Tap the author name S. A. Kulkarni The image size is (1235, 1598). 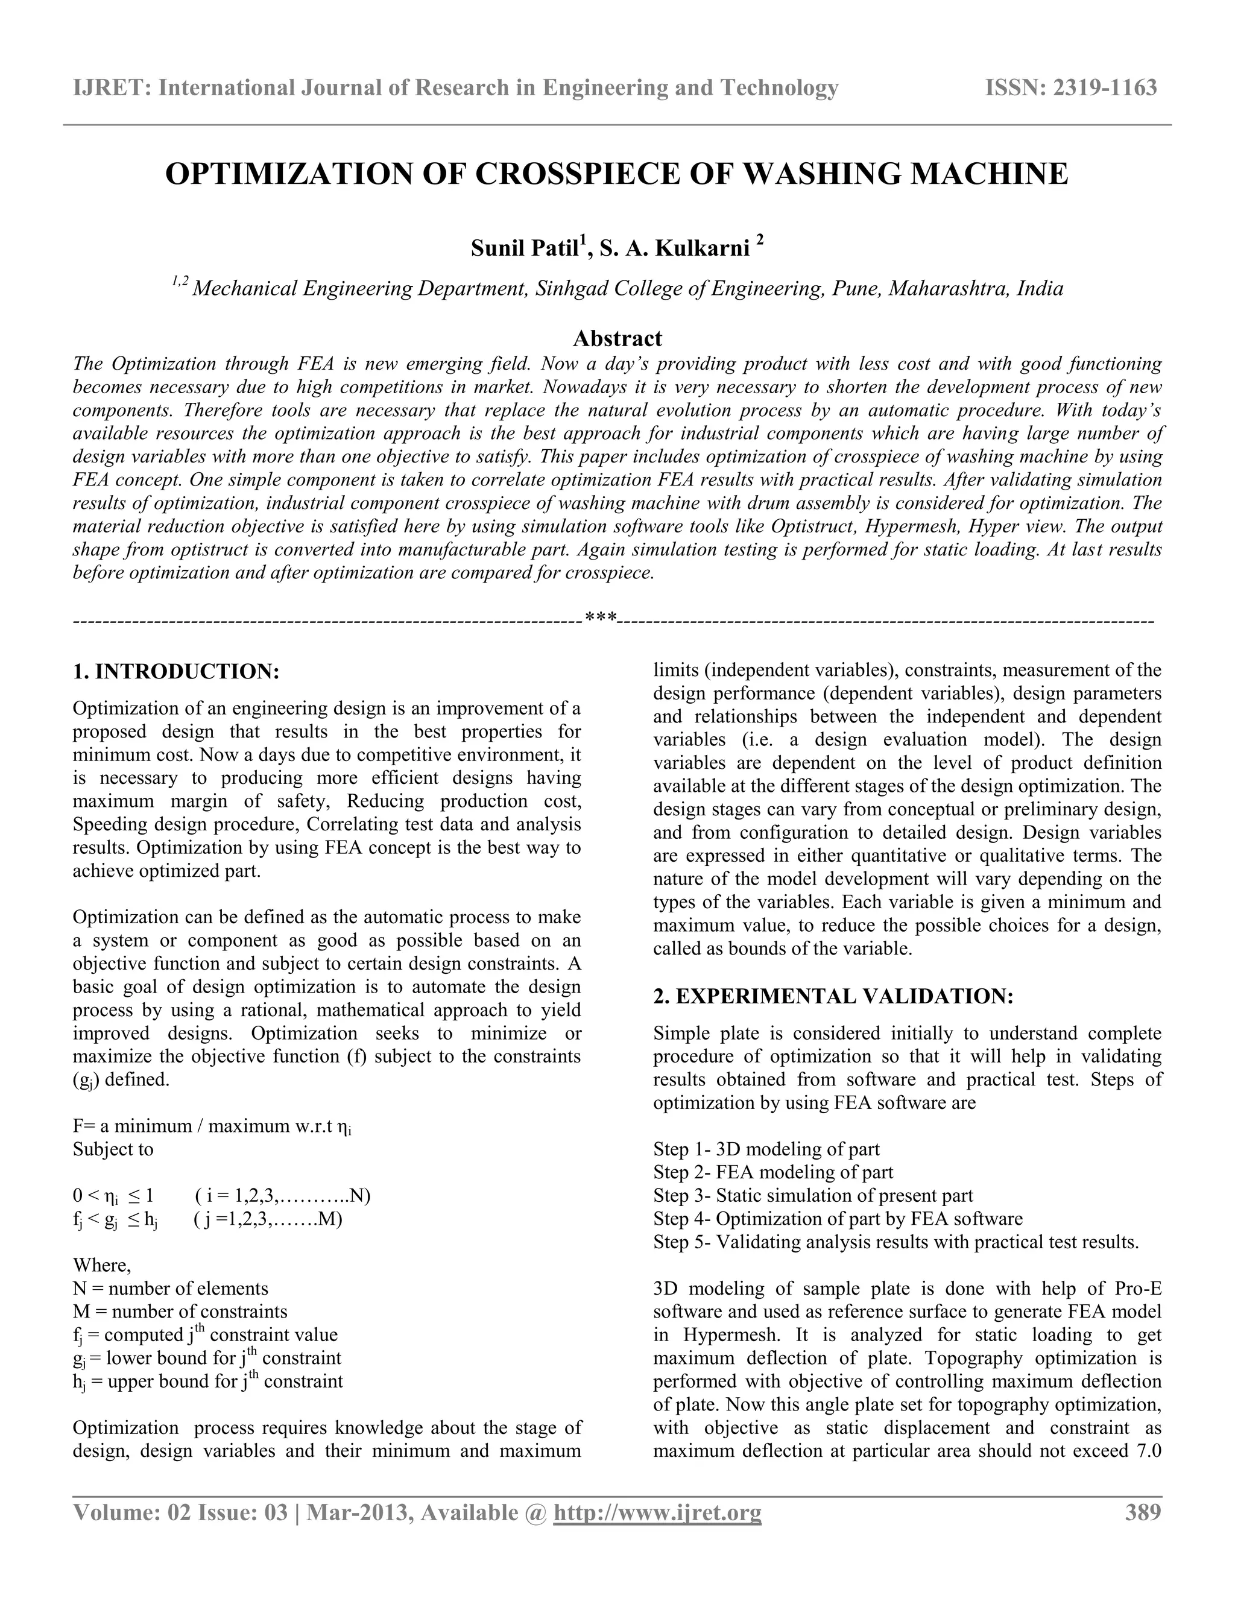click(x=675, y=249)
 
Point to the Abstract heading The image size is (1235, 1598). click(x=617, y=338)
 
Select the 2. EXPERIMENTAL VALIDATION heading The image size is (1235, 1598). click(x=833, y=996)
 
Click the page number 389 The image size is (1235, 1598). click(x=1142, y=1512)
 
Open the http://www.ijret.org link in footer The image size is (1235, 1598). click(x=657, y=1512)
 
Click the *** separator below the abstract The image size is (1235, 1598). click(x=601, y=621)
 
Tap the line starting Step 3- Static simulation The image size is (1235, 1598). click(x=813, y=1196)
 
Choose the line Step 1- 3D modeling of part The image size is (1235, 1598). click(x=766, y=1149)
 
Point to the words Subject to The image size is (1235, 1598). click(x=113, y=1149)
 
